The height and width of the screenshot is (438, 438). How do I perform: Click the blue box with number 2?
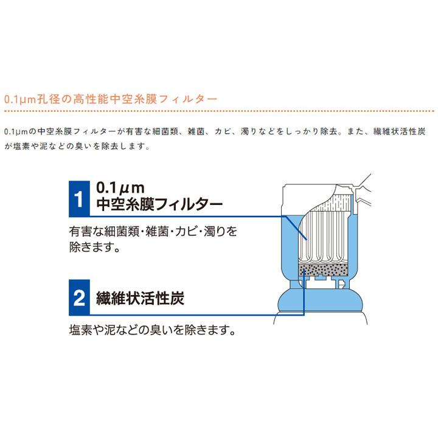(78, 297)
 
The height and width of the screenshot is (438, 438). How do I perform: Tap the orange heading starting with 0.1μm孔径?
(109, 99)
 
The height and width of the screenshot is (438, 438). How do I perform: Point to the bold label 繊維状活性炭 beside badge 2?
(141, 298)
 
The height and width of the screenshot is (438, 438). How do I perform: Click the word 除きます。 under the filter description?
(94, 248)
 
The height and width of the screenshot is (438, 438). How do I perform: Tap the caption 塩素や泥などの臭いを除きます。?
(151, 332)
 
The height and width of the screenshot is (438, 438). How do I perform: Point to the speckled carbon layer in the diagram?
(323, 271)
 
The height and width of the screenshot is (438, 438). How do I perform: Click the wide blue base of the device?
(322, 310)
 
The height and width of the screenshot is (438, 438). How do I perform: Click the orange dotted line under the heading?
(219, 111)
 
